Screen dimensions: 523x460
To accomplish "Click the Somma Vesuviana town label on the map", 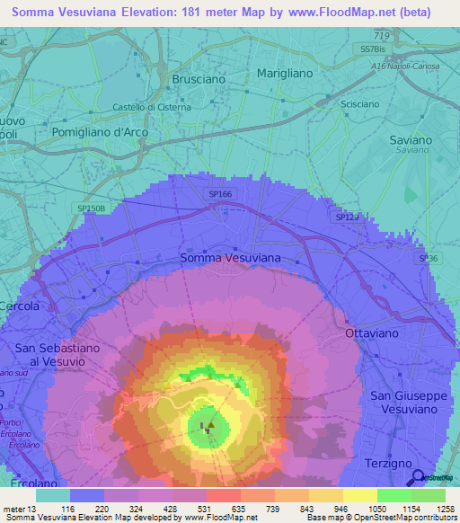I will coord(230,258).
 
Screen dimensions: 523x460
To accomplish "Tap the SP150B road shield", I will coord(92,208).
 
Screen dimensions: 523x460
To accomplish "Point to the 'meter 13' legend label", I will coord(20,508).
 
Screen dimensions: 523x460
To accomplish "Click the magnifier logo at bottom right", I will coord(418,477).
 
